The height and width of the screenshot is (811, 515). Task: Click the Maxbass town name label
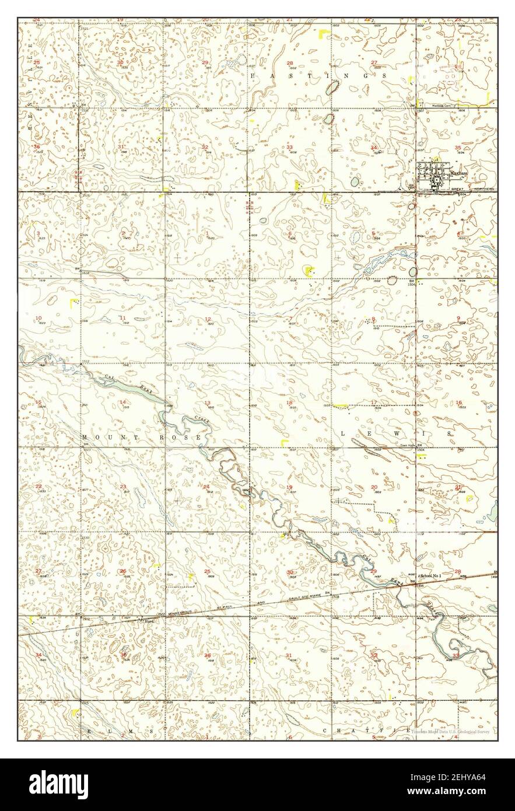(x=458, y=173)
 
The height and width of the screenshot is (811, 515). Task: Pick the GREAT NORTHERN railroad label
(x=473, y=189)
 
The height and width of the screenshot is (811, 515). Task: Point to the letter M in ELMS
(x=120, y=730)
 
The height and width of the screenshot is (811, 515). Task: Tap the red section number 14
(x=123, y=403)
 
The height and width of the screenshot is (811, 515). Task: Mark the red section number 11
(x=123, y=318)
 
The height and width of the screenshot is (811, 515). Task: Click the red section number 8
(x=373, y=319)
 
